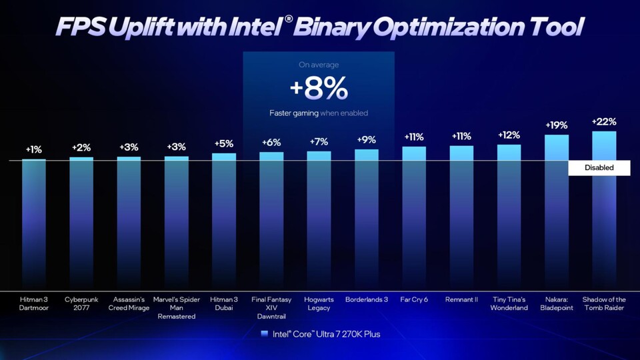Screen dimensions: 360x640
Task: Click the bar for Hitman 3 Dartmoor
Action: (x=34, y=220)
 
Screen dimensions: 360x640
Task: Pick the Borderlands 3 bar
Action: (x=367, y=217)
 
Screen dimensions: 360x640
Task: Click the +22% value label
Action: (x=604, y=122)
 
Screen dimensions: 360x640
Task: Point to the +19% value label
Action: (x=557, y=125)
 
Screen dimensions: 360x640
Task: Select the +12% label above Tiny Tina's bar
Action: (x=509, y=135)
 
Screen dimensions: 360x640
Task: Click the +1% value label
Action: (x=34, y=149)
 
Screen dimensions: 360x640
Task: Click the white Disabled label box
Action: (x=599, y=168)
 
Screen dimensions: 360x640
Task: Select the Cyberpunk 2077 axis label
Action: (x=81, y=303)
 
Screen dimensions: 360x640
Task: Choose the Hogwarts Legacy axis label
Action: (x=319, y=303)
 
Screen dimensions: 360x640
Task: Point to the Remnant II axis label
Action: (x=461, y=299)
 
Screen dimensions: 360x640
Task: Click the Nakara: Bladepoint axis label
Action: (x=557, y=303)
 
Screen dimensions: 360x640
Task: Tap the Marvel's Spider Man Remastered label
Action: (x=177, y=307)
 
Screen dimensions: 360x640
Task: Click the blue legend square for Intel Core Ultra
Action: (x=265, y=333)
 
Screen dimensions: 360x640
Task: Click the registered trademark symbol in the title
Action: (x=288, y=19)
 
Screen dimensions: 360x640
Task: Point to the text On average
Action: (x=319, y=65)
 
